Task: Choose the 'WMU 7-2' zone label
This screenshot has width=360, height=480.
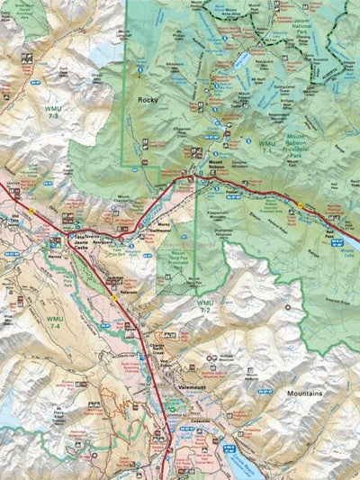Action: click(x=206, y=306)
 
